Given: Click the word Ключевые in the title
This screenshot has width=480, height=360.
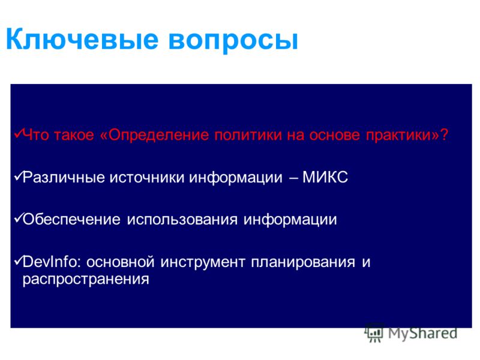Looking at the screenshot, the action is coord(82,39).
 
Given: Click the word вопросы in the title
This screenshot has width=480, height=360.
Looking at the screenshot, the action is coord(233,41).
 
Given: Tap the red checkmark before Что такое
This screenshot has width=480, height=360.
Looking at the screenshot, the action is coord(19,133).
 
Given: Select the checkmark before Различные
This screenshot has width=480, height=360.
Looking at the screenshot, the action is coord(19,176).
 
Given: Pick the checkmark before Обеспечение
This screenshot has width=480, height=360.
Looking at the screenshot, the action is coord(19,218).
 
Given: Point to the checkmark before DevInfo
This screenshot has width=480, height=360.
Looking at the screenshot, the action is coord(19,260).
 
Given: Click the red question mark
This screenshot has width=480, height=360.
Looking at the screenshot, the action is coord(444,134).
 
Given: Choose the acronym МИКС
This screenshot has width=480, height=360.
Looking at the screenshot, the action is coord(325,177).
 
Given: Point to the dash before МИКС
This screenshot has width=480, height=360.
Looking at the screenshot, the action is coord(293,178).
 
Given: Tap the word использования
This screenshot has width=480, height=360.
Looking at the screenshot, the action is coord(182,220).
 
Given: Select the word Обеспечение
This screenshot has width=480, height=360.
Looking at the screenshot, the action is coord(71,220).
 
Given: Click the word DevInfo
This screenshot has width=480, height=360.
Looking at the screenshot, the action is coord(50,262).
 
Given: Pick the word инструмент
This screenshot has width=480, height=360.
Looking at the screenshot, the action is coord(203,263).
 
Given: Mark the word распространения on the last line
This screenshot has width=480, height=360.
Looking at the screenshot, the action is coord(86,280).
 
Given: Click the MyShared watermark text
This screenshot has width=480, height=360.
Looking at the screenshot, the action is coord(422,333).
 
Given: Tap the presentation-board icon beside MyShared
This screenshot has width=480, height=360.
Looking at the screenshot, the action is coord(374,332).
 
